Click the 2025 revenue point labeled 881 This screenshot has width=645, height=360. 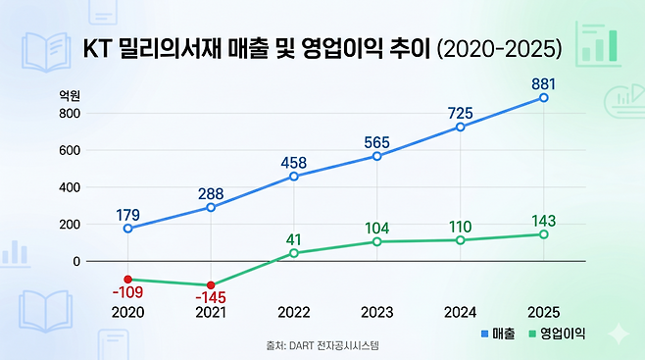[543, 98]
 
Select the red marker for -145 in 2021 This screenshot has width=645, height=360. [211, 285]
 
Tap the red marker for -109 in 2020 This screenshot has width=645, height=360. [128, 280]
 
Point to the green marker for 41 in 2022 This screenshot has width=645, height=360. [294, 253]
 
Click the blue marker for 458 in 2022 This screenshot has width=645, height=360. [294, 177]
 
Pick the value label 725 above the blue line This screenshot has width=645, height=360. [461, 113]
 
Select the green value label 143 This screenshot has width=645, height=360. [543, 222]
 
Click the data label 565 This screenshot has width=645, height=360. [376, 143]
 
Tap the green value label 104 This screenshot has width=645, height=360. [376, 229]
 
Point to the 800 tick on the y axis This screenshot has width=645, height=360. [70, 114]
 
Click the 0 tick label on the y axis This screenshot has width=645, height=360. [76, 262]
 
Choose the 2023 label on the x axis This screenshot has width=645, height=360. [376, 312]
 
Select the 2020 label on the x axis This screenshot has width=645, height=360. [128, 312]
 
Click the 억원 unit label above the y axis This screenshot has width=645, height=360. [70, 96]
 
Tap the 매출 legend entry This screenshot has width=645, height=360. [498, 334]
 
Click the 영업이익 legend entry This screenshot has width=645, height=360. [557, 334]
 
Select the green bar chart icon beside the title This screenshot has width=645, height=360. [598, 43]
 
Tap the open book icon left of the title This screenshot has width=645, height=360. [46, 51]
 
